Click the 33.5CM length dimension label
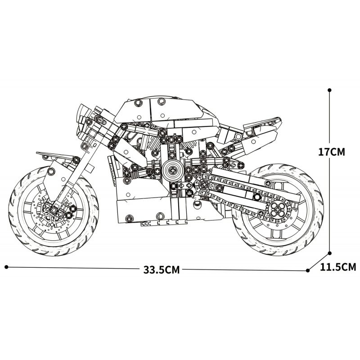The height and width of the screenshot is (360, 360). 162,270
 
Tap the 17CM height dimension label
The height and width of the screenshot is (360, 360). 331,152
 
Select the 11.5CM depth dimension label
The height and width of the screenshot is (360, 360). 338,267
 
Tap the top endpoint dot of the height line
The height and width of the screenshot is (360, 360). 330,90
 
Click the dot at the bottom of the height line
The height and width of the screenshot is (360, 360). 330,253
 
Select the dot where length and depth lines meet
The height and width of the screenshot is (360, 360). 308,270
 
